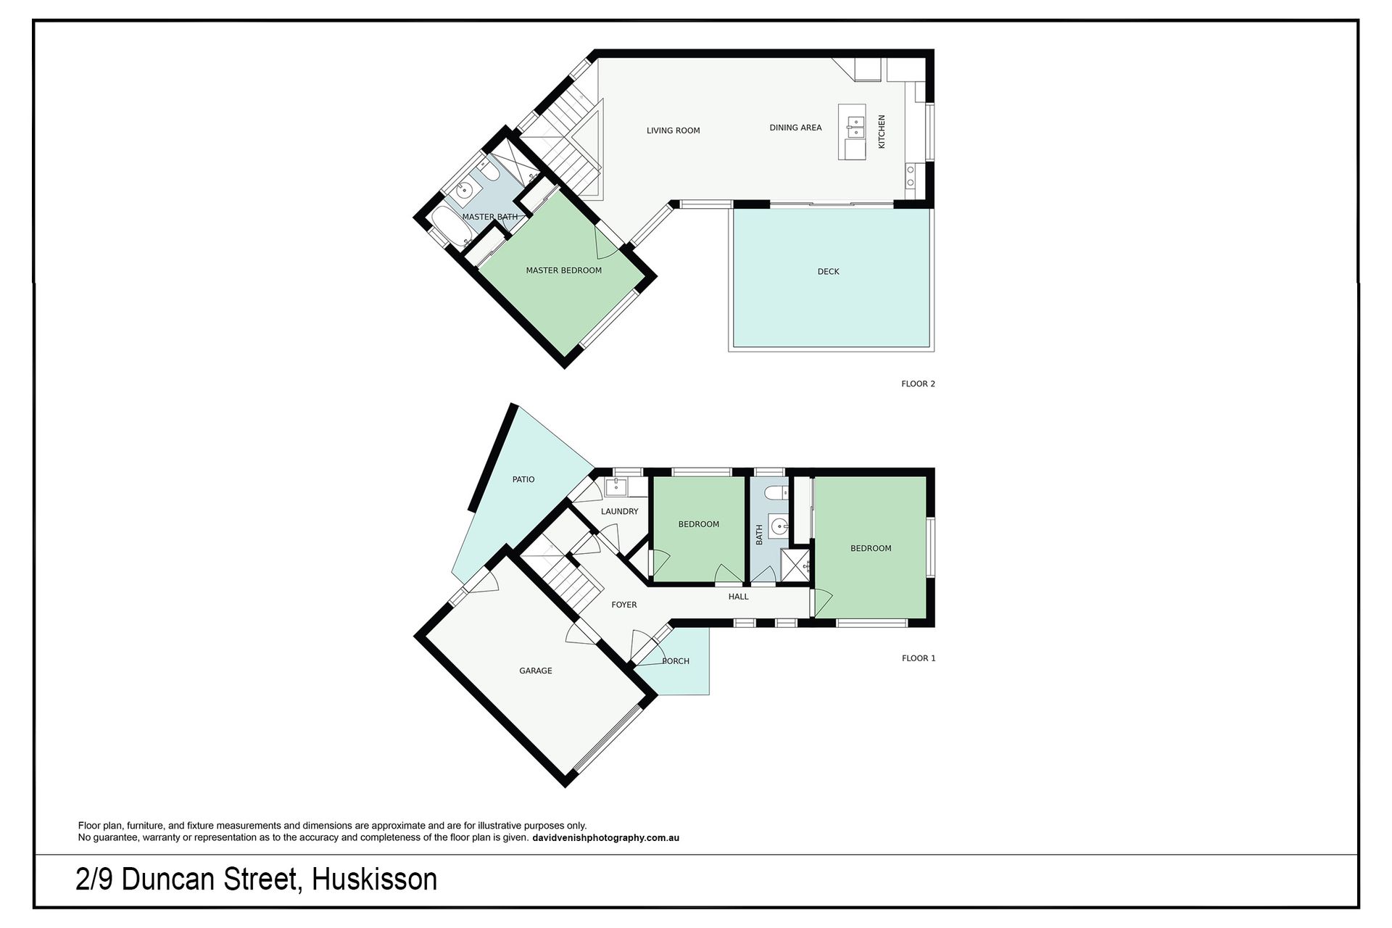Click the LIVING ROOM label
673,131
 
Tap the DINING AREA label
795,128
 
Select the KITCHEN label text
882,132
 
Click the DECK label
828,272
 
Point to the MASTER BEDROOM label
563,270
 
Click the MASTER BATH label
490,217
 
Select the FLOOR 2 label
918,384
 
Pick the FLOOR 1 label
919,658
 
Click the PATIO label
523,479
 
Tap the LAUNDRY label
619,511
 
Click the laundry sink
616,486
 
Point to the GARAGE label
536,671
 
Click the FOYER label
624,605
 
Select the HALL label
738,597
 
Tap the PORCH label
676,661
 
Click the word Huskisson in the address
374,879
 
